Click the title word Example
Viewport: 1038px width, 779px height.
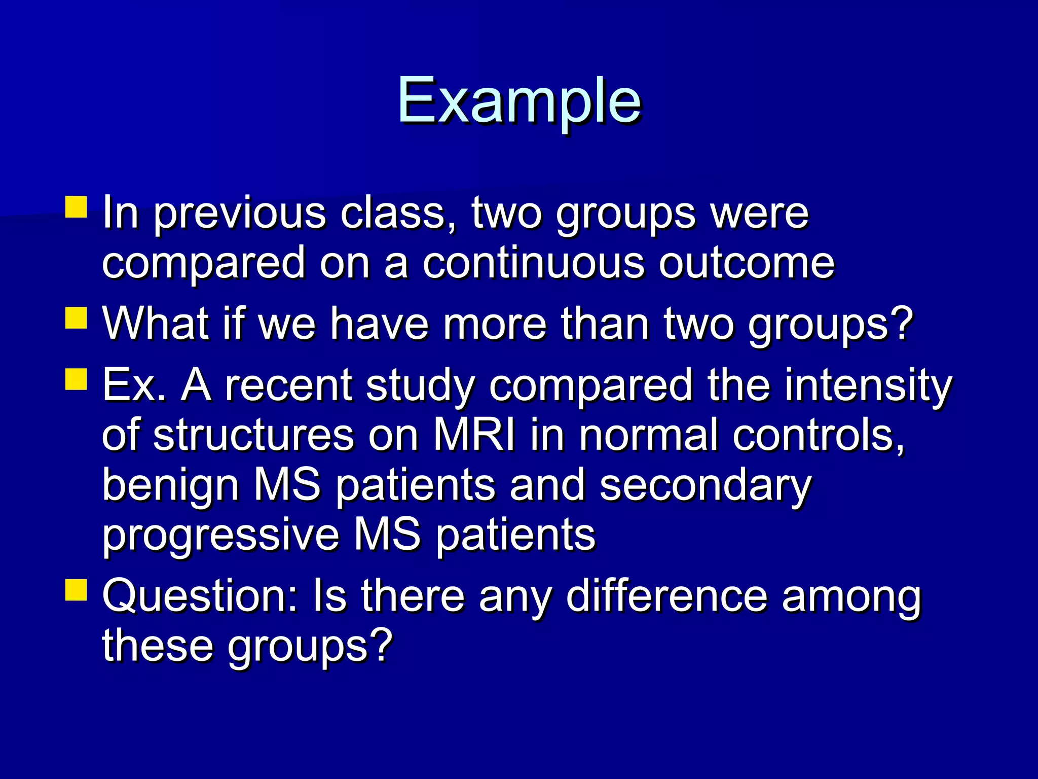click(x=520, y=101)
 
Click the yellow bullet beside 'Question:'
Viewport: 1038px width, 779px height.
click(x=76, y=589)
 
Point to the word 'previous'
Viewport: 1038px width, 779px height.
click(x=240, y=213)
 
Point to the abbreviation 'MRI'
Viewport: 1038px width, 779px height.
click(x=474, y=435)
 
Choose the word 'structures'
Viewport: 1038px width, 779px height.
click(x=253, y=435)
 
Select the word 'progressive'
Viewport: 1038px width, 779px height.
click(x=220, y=536)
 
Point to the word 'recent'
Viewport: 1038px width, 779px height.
click(x=288, y=385)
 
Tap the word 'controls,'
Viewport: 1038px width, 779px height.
click(x=818, y=435)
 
